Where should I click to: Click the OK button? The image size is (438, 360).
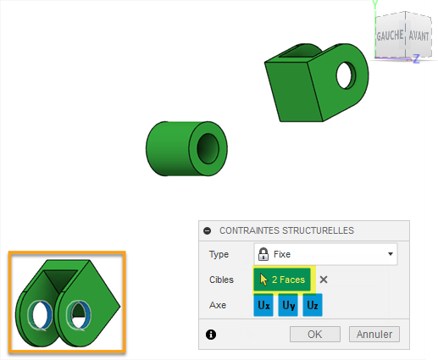coord(315,335)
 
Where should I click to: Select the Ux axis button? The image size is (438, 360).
coord(263,305)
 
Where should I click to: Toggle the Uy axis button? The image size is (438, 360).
coord(288,305)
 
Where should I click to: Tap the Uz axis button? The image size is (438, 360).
coord(313,305)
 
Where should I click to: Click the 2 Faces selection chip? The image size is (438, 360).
coord(282,280)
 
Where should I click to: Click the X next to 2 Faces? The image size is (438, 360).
coord(324,280)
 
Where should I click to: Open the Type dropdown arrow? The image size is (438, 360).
coord(391,254)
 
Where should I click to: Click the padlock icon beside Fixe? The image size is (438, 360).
coord(263,254)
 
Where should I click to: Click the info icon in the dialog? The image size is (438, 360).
coord(211,335)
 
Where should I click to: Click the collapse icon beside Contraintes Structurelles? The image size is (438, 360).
coord(208,230)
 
